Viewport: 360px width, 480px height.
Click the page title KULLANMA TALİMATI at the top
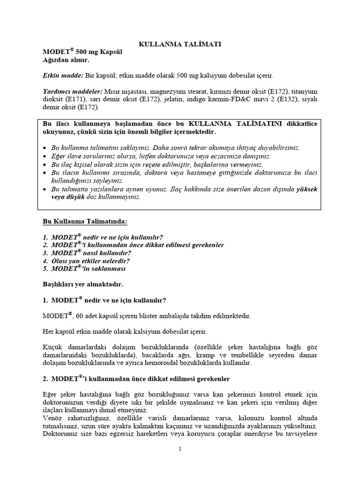[180, 44]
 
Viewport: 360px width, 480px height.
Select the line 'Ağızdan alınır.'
[60, 61]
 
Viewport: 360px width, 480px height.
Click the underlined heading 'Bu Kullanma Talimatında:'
[84, 220]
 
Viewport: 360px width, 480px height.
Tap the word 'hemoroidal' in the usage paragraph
[200, 363]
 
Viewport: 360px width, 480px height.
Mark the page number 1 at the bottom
[180, 449]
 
